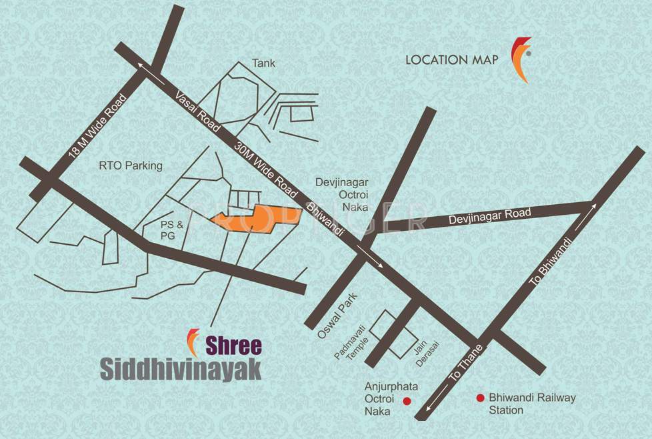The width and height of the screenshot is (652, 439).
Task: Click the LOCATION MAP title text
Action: tap(452, 60)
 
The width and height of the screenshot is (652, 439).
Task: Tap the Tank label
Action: tap(263, 63)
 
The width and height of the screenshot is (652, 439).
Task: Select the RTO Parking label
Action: tap(130, 166)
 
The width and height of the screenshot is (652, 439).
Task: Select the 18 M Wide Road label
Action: tap(97, 126)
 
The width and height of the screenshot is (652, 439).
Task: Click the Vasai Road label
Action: tap(198, 111)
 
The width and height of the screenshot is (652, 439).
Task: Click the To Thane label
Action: tap(464, 366)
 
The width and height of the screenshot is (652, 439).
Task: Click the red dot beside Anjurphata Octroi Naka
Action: tap(407, 400)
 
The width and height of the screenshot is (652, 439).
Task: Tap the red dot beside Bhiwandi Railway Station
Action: tap(479, 398)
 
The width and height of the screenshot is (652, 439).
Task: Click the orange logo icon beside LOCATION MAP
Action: tap(521, 59)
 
